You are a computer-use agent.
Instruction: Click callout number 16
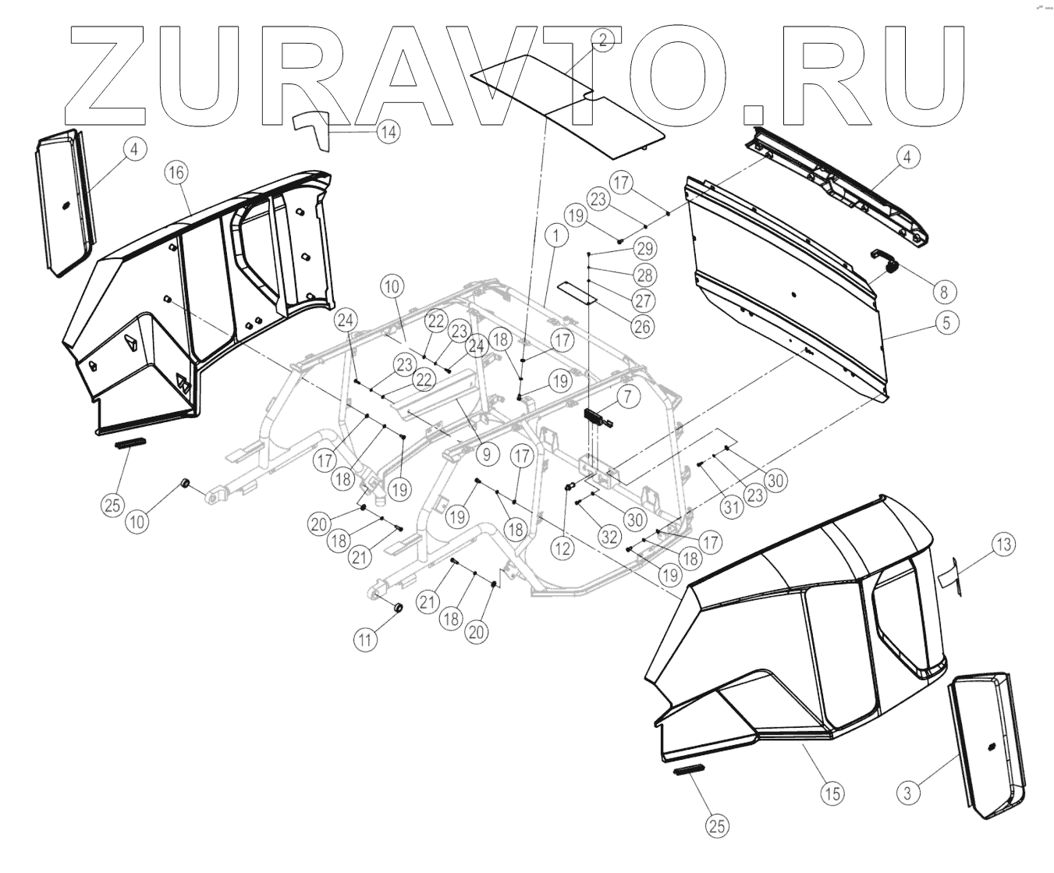(176, 172)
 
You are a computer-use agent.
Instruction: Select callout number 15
(832, 793)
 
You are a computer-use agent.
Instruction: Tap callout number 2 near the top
(602, 40)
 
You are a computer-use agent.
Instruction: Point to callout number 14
(388, 132)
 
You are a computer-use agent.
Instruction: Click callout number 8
(943, 293)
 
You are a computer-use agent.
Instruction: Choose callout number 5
(946, 322)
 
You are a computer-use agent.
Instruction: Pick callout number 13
(1004, 544)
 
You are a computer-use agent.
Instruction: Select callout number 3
(907, 793)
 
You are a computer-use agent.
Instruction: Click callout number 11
(364, 640)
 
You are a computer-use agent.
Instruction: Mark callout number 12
(562, 548)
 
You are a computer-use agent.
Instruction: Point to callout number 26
(641, 325)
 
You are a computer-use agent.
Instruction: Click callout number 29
(644, 249)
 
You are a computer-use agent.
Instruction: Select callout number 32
(609, 536)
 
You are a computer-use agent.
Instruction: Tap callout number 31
(730, 508)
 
